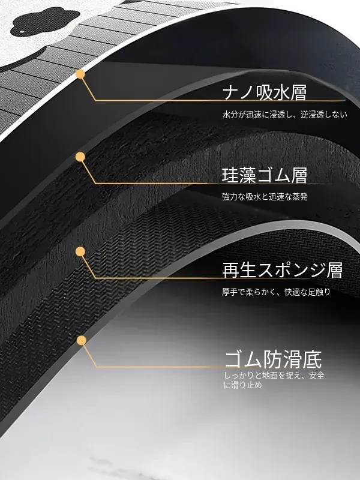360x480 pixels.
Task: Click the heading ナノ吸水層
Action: pos(265,92)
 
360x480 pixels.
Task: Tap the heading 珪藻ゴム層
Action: pos(265,175)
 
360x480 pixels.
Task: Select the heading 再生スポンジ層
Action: pos(282,270)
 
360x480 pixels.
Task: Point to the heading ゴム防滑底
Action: pos(274,359)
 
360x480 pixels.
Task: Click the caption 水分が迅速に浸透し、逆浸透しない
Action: pos(285,115)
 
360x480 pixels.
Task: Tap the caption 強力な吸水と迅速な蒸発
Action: pos(265,197)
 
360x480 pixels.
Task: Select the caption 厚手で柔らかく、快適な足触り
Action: pos(277,292)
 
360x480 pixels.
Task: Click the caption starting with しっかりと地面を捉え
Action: pos(274,380)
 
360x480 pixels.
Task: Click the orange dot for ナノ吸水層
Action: pos(80,74)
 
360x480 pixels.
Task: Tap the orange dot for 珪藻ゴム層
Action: pos(80,157)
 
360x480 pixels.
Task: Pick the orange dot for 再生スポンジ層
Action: pos(80,251)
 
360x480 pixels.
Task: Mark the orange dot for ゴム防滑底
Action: pos(82,340)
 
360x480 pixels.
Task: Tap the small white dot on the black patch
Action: pos(22,31)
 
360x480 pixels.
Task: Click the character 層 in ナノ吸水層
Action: pos(298,93)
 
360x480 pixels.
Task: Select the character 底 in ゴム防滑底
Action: pos(313,359)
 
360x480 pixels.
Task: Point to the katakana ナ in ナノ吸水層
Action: pos(230,93)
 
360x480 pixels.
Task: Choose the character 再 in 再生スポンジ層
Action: pos(230,271)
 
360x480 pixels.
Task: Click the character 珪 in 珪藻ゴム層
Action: pos(230,176)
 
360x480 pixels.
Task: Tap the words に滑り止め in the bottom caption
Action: pos(243,385)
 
